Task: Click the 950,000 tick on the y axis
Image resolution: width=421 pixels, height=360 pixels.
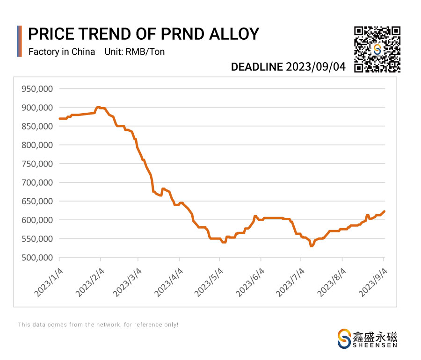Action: pos(38,89)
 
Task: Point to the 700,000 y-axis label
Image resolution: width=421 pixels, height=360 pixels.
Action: pos(38,182)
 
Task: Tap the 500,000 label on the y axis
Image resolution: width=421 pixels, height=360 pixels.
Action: pos(38,258)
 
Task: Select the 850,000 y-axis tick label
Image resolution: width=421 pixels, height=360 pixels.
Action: pos(38,126)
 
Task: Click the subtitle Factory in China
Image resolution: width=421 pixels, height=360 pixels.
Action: pos(62,52)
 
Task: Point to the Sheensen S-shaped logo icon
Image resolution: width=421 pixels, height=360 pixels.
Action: pos(344,338)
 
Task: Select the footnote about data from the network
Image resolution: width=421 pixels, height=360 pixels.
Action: pos(98,324)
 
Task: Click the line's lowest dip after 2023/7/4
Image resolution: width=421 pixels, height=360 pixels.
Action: pos(312,246)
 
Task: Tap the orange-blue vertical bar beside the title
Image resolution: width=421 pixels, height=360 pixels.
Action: pos(19,41)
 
